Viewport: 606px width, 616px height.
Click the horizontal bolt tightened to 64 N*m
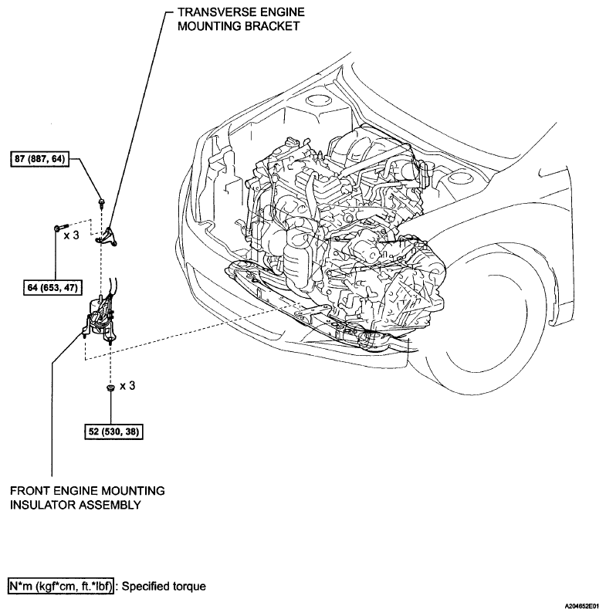58,228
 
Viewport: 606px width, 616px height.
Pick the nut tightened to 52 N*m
110,387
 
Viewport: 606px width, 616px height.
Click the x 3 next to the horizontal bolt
72,235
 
